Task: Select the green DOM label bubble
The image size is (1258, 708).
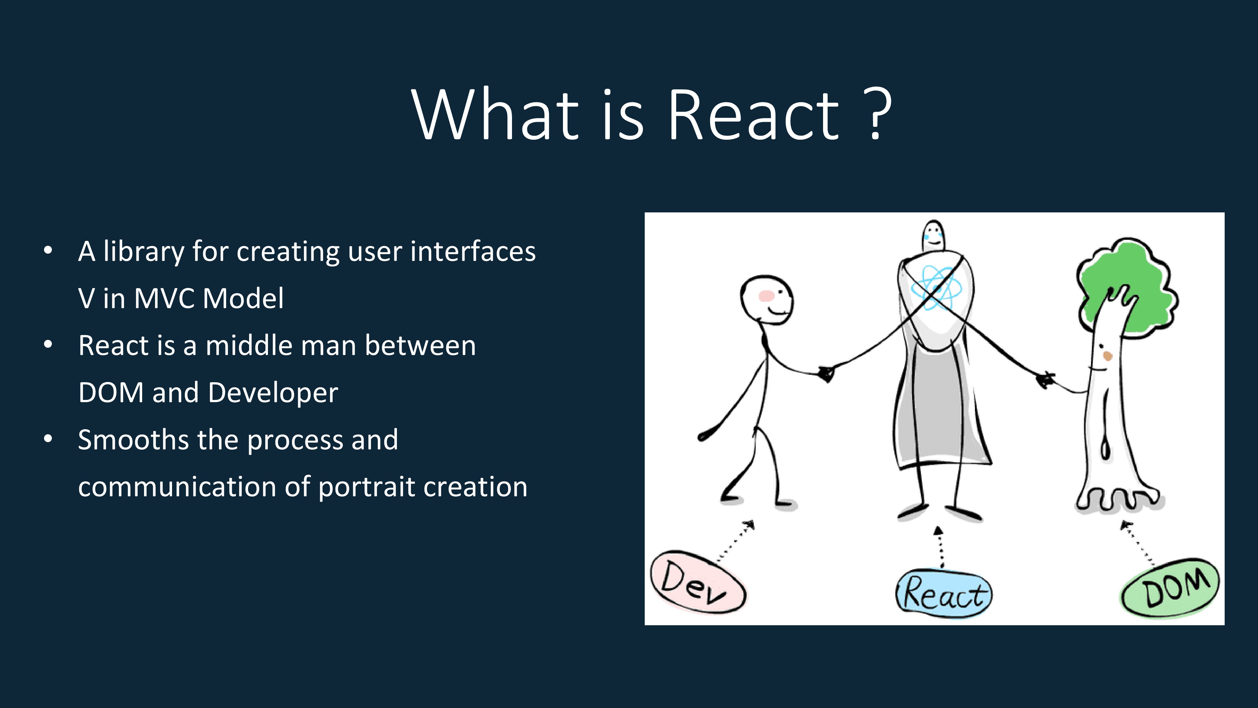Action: click(x=1170, y=588)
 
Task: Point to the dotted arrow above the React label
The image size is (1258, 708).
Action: click(x=939, y=547)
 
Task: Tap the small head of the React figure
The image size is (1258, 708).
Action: click(x=933, y=236)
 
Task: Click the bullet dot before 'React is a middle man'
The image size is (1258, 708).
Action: click(x=48, y=345)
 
